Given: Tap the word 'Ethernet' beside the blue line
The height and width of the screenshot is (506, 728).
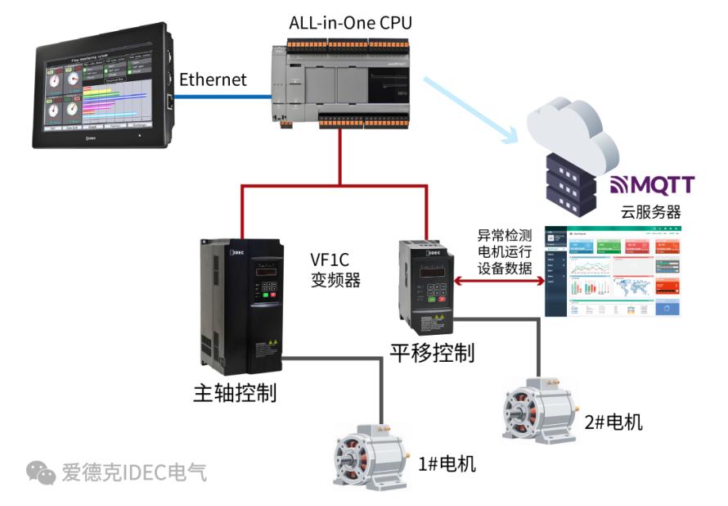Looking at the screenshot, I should (213, 80).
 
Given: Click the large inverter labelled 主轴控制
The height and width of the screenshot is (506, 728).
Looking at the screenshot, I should (242, 303).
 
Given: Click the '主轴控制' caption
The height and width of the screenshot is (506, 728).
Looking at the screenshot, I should (234, 392).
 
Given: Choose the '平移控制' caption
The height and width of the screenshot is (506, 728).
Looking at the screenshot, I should (431, 352).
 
